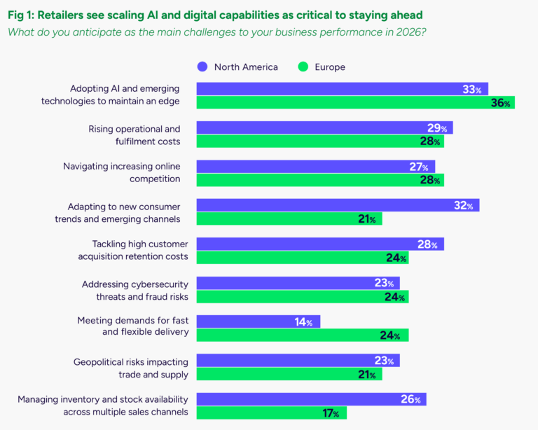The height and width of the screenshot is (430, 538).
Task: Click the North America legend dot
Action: [202, 67]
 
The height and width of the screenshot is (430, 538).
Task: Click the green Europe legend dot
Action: [303, 67]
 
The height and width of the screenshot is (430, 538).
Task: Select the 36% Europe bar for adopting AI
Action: [355, 103]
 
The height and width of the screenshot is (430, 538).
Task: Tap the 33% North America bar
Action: [342, 89]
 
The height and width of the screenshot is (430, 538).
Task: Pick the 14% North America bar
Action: [258, 321]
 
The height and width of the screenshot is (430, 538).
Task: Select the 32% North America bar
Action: [338, 205]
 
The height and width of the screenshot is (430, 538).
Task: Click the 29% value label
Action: [439, 128]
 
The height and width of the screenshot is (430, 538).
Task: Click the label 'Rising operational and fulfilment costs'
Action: [134, 135]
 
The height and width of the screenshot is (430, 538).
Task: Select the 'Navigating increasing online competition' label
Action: [121, 172]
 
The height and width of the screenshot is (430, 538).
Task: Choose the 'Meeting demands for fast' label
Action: [132, 321]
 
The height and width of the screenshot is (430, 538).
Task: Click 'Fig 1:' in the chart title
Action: [24, 14]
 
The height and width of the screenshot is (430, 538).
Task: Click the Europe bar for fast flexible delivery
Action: [302, 335]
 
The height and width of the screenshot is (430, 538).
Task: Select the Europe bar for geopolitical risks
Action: [289, 375]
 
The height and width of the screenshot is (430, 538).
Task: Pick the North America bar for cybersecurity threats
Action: [298, 283]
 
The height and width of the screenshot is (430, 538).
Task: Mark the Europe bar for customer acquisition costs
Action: [302, 258]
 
